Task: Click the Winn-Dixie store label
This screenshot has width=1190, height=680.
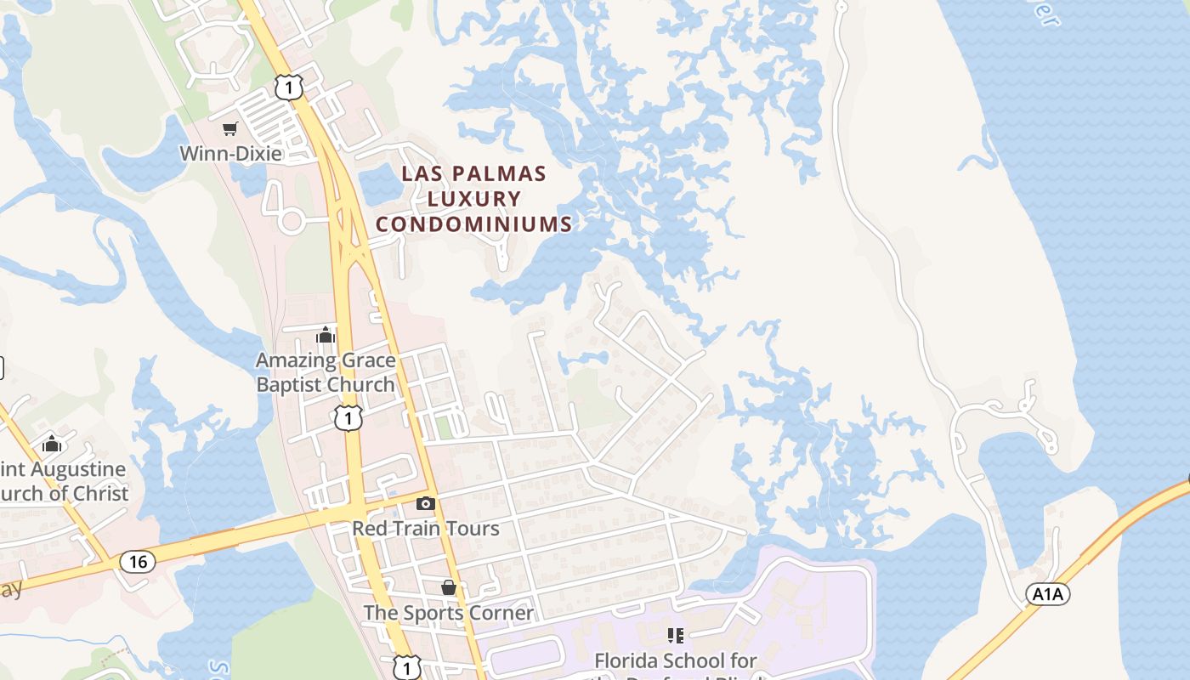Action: pos(230,154)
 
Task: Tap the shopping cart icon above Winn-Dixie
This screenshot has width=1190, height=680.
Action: pos(229,129)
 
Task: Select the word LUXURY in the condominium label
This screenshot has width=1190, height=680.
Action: pos(473,200)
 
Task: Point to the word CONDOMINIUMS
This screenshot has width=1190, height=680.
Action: pos(473,224)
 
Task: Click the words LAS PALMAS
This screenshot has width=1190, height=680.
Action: pos(473,174)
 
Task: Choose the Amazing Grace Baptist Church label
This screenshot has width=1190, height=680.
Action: pos(326,372)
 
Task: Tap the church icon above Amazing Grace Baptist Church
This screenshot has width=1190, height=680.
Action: pos(326,336)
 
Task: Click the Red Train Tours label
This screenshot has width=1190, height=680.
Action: pos(426,528)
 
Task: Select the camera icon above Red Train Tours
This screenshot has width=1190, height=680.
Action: pos(426,504)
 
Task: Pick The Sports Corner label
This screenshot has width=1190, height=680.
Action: pos(449,612)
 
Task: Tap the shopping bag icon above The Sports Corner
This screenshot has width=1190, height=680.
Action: pos(449,588)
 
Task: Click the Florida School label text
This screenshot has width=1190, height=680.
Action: pos(676,660)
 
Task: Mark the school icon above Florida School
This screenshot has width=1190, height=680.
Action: pos(676,636)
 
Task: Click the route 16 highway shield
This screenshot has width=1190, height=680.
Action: pos(137,561)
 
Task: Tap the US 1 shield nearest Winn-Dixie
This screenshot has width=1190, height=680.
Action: pos(289,87)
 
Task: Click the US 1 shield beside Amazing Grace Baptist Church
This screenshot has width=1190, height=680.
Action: pos(348,417)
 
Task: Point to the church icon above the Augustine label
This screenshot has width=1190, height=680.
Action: pos(53,444)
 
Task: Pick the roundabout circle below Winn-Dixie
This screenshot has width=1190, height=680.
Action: pos(292,223)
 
